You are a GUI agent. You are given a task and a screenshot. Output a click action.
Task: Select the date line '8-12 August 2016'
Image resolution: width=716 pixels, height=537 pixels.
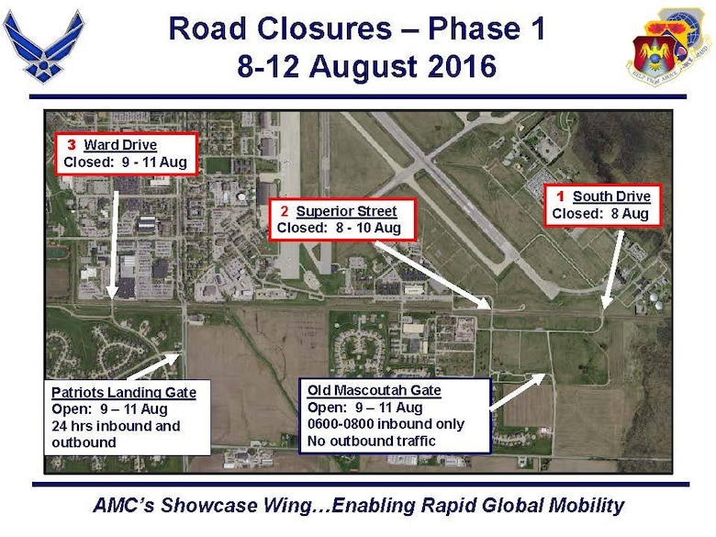coord(366,67)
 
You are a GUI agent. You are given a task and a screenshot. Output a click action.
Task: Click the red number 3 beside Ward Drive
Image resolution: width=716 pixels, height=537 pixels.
coord(72,145)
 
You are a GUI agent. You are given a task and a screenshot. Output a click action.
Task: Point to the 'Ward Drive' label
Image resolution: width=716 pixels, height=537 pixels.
coord(120,145)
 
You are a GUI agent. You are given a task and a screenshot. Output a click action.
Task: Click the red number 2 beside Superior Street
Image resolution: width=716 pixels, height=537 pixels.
coord(285,212)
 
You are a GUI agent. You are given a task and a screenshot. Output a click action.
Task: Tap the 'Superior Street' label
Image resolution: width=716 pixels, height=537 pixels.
coord(347,212)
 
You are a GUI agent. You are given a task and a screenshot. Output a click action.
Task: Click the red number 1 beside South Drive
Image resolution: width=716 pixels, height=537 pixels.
coord(561,196)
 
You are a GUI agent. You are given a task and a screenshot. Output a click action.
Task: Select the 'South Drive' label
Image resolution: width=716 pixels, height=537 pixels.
coord(611,196)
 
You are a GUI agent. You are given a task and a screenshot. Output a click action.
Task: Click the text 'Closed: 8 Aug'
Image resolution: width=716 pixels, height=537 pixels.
coord(600,214)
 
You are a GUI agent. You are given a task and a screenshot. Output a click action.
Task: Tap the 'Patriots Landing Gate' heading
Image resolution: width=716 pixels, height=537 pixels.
coord(124,392)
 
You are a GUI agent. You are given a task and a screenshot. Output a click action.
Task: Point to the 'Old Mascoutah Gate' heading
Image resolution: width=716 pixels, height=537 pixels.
coord(374,391)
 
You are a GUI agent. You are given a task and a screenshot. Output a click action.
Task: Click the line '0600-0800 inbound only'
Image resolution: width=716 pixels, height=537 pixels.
coord(386,424)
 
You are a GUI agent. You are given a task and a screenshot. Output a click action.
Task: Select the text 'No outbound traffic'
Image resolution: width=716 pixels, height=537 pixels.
coord(371,441)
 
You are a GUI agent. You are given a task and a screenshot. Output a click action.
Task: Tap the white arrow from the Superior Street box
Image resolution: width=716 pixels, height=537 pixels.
coord(431,272)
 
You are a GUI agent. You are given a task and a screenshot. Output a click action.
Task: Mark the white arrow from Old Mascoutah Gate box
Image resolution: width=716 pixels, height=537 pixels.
coord(519,391)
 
